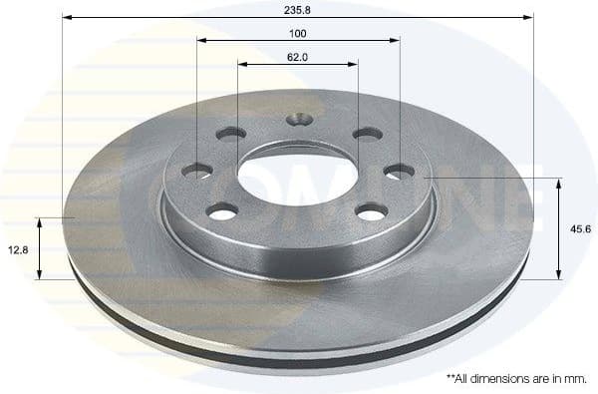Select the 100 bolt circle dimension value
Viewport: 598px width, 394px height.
coord(298,33)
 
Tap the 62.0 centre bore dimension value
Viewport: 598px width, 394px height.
coord(298,57)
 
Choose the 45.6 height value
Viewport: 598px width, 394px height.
coord(579,228)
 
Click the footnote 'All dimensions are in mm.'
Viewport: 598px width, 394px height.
coord(516,379)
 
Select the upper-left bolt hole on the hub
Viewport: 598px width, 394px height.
coord(231,133)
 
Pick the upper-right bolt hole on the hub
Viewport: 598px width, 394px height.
coord(367,134)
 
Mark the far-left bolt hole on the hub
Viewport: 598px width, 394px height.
coord(197,172)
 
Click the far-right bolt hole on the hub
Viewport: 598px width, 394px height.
coord(399,172)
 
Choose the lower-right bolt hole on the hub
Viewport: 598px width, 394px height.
coord(372,211)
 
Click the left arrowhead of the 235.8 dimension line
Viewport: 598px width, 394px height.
coord(67,17)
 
